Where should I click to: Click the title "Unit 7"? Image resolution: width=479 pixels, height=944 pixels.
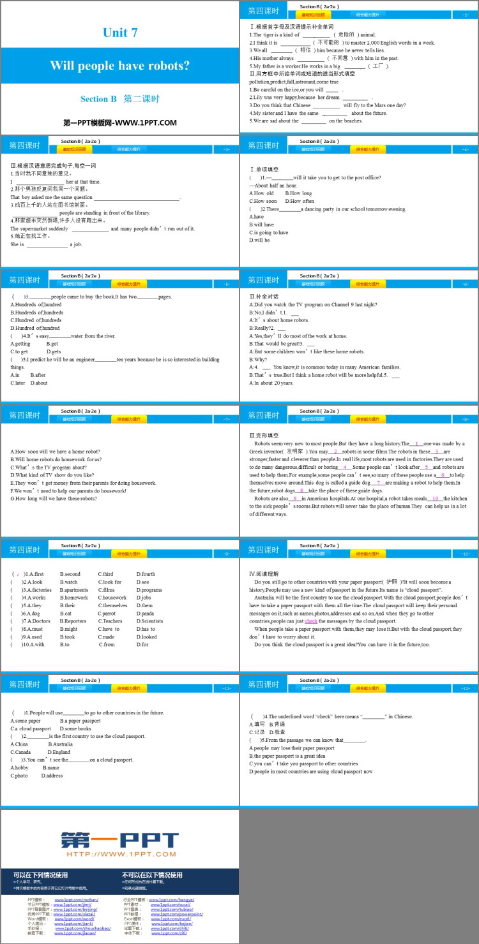[x=120, y=33]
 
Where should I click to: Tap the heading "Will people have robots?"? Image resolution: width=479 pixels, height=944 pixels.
[x=120, y=66]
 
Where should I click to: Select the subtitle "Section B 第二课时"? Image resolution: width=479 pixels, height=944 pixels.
[x=119, y=99]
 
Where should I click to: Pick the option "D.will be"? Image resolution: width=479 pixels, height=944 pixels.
[x=260, y=240]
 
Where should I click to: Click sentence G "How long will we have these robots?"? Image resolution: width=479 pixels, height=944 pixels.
[x=54, y=499]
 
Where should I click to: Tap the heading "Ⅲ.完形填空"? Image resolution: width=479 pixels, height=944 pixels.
[x=265, y=435]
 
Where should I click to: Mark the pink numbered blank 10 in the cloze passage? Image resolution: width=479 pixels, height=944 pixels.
[x=436, y=498]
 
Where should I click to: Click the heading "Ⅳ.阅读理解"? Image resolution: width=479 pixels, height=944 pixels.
[x=264, y=573]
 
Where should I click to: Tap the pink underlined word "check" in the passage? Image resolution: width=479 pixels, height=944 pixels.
[x=311, y=621]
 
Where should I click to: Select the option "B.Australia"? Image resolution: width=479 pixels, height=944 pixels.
[x=61, y=744]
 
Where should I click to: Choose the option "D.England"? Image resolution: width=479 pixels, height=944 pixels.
[x=59, y=752]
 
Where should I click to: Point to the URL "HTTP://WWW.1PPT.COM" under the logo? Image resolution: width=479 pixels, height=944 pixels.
[x=120, y=854]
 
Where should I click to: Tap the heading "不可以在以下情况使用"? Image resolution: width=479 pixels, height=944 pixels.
[x=152, y=875]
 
